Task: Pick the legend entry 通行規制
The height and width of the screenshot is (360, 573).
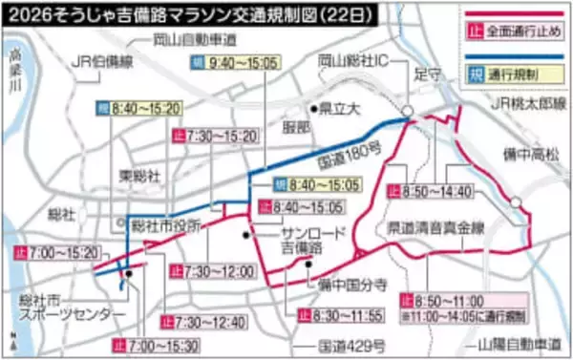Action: pyautogui.click(x=512, y=73)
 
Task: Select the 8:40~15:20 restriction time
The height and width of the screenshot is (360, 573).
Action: pyautogui.click(x=144, y=110)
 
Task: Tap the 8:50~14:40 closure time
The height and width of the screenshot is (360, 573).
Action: pyautogui.click(x=437, y=192)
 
